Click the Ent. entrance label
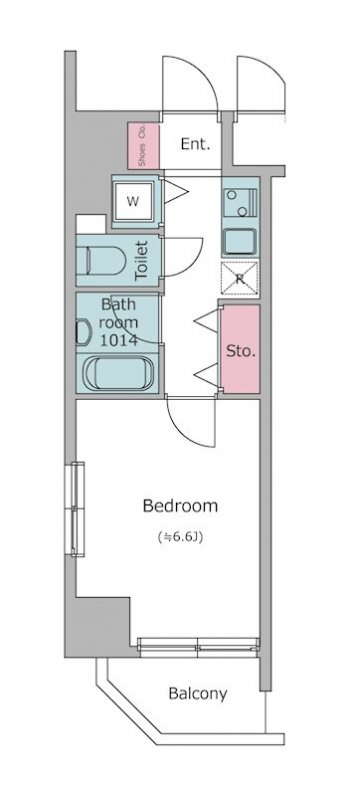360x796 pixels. [x=195, y=144]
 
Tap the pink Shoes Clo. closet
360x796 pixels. [x=143, y=146]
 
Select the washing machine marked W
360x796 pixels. [x=133, y=201]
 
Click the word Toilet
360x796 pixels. [x=141, y=261]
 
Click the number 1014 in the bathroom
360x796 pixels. [x=119, y=339]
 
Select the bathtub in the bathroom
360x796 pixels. [x=119, y=373]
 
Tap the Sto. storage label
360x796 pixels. [x=241, y=351]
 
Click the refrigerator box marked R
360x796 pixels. [x=240, y=278]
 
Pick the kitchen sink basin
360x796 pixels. [x=240, y=242]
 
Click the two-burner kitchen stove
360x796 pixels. [x=240, y=202]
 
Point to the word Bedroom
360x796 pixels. [x=180, y=506]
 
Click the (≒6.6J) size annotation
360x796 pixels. [x=180, y=537]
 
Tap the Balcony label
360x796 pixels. [x=198, y=693]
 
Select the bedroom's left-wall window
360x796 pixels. [x=77, y=509]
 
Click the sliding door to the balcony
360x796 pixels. [x=198, y=645]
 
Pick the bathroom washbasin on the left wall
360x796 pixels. [x=83, y=333]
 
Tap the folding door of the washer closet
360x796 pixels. [x=175, y=192]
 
